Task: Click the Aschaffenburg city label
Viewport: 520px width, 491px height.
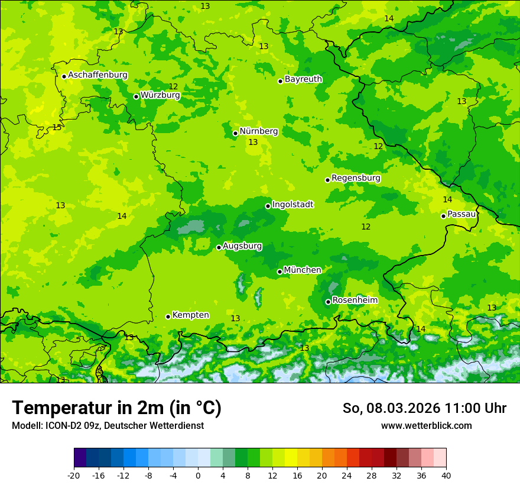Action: pos(97,75)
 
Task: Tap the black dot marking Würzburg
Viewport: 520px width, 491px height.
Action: pos(136,96)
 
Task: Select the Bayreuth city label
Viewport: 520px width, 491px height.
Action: pos(303,79)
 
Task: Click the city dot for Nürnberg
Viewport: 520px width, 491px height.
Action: pos(235,133)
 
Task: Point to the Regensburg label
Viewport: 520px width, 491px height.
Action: pos(356,178)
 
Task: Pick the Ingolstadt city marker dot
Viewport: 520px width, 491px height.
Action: pos(268,206)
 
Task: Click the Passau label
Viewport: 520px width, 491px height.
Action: pos(461,214)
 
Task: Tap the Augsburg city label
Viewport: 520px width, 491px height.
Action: pos(242,246)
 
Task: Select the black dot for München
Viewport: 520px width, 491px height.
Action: pos(279,272)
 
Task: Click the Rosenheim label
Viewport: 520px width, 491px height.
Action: pos(355,301)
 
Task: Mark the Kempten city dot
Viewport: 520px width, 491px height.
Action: pos(168,316)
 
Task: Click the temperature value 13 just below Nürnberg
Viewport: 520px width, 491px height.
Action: pos(253,143)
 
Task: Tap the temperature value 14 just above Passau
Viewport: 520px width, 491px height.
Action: pos(447,200)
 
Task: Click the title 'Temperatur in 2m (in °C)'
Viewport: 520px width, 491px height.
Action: pos(117,408)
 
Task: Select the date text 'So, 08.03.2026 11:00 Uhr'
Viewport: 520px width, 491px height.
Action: pos(424,408)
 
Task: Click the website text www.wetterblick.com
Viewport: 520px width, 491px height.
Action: pos(426,425)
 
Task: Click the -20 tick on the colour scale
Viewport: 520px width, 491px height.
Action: pos(74,475)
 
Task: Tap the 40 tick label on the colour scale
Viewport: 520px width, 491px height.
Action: pos(446,475)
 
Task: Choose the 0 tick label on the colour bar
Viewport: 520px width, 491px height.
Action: pos(198,475)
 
